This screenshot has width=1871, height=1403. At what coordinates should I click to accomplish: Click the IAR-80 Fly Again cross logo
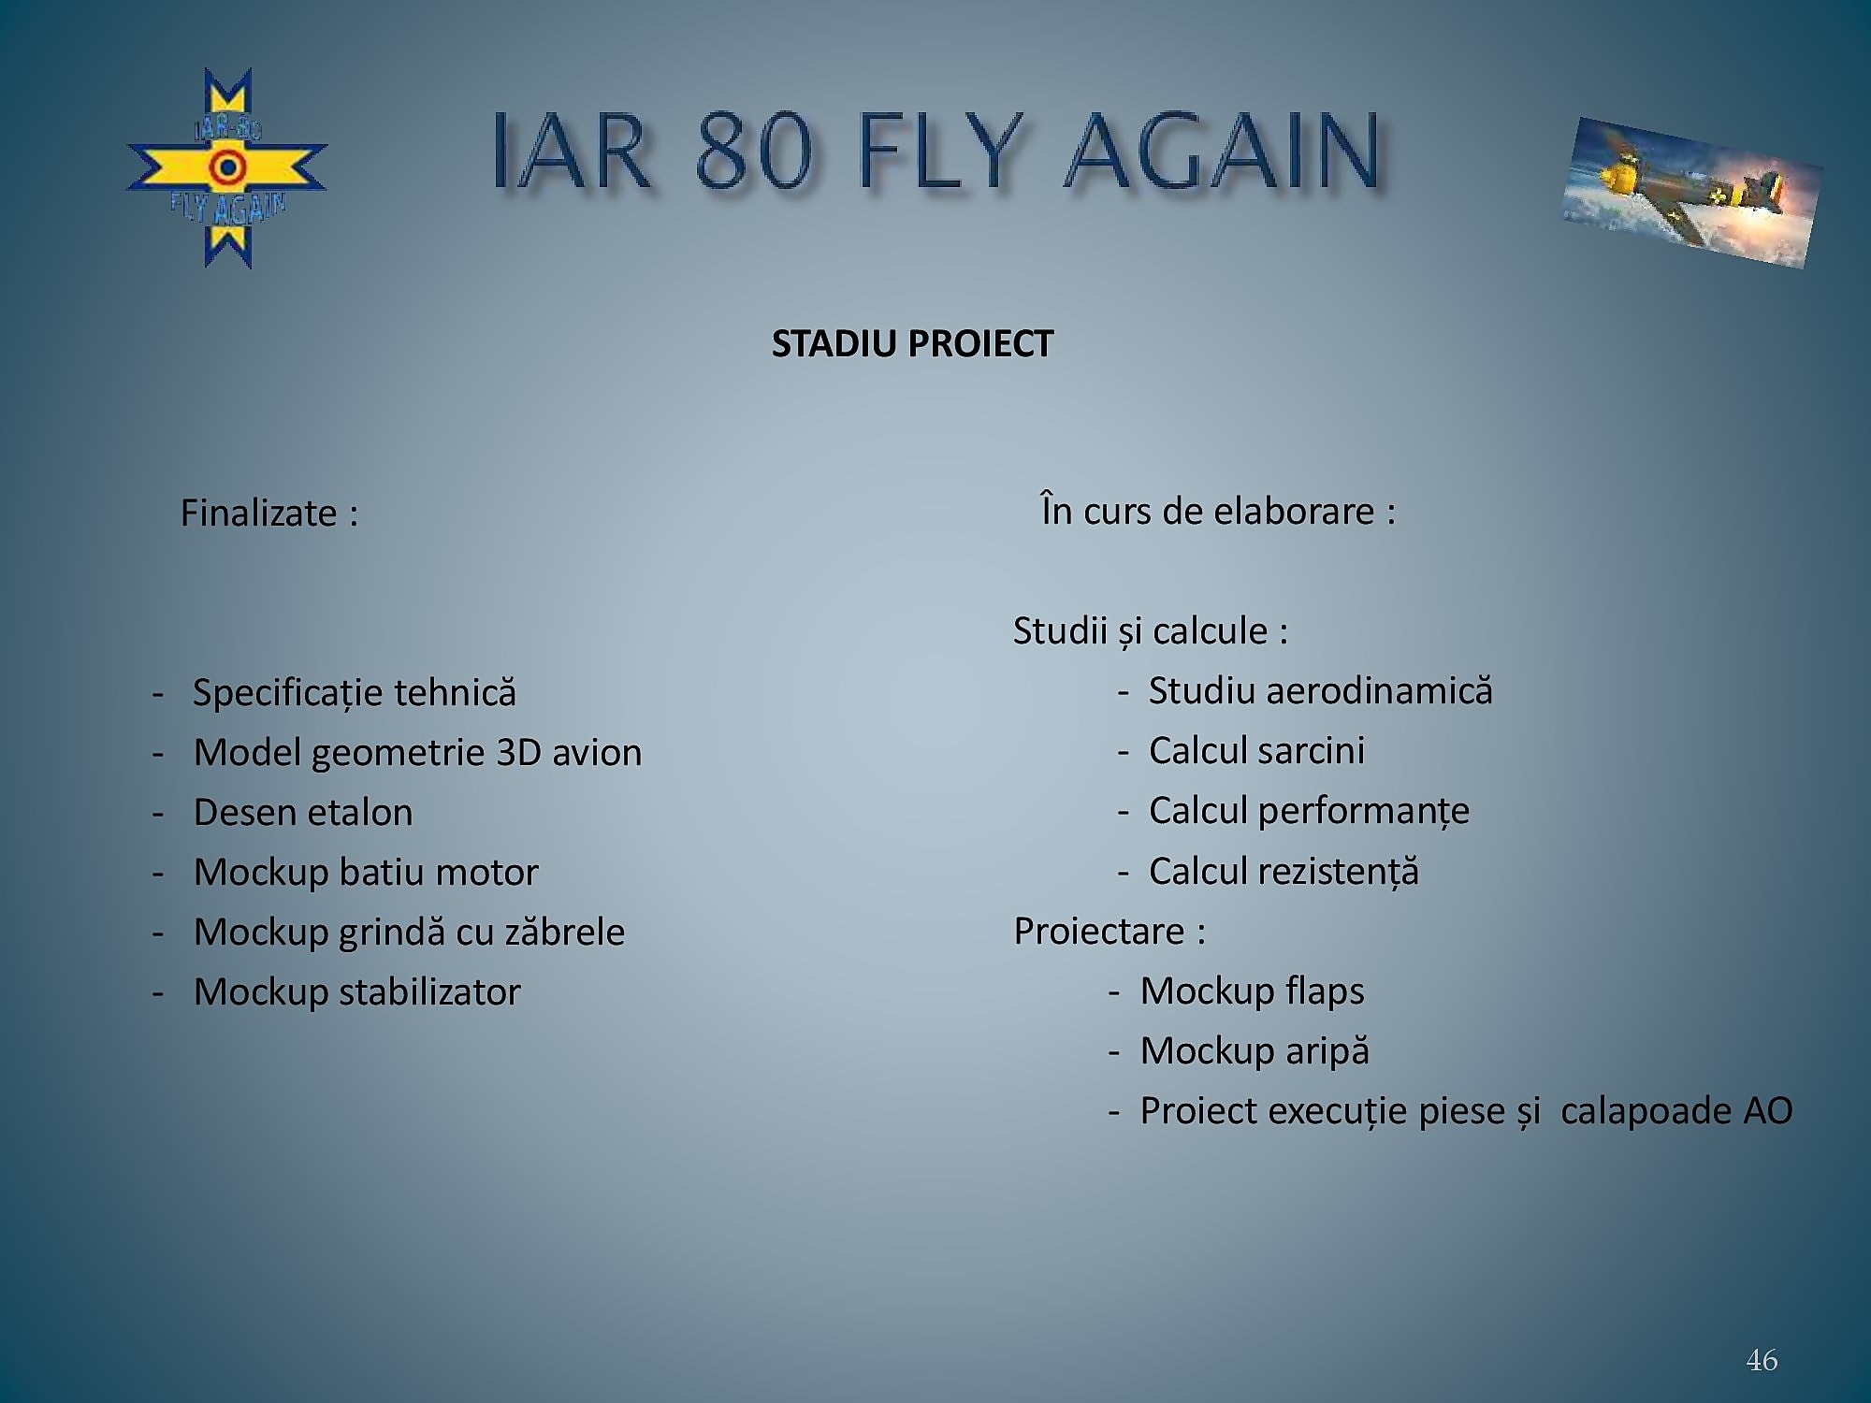click(227, 168)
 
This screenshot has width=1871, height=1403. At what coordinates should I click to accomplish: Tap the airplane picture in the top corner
click(1691, 192)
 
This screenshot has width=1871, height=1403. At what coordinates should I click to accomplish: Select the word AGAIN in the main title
click(1223, 152)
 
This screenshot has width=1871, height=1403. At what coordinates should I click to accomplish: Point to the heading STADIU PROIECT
click(912, 344)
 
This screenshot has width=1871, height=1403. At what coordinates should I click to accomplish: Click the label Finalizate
click(258, 513)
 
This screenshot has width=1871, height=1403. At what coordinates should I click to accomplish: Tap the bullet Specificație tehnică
click(355, 692)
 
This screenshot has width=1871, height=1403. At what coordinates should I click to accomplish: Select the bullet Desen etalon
click(303, 812)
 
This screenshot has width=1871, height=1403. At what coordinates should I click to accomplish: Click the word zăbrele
click(565, 932)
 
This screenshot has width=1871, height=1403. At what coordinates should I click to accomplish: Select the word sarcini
click(1311, 750)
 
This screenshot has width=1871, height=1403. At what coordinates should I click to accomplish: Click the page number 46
click(1762, 1360)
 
